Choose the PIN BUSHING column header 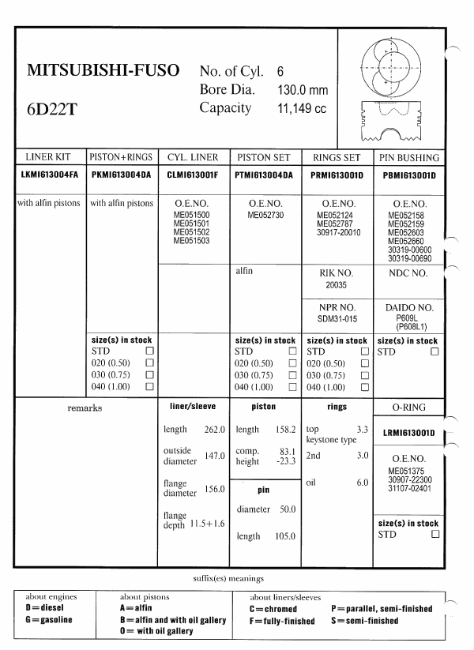tap(409, 157)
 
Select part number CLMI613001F tap(194, 175)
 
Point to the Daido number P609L tap(410, 316)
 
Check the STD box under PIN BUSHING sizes tap(434, 351)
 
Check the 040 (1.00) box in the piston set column tap(292, 387)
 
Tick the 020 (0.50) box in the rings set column tap(363, 363)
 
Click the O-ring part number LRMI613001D tap(410, 433)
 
